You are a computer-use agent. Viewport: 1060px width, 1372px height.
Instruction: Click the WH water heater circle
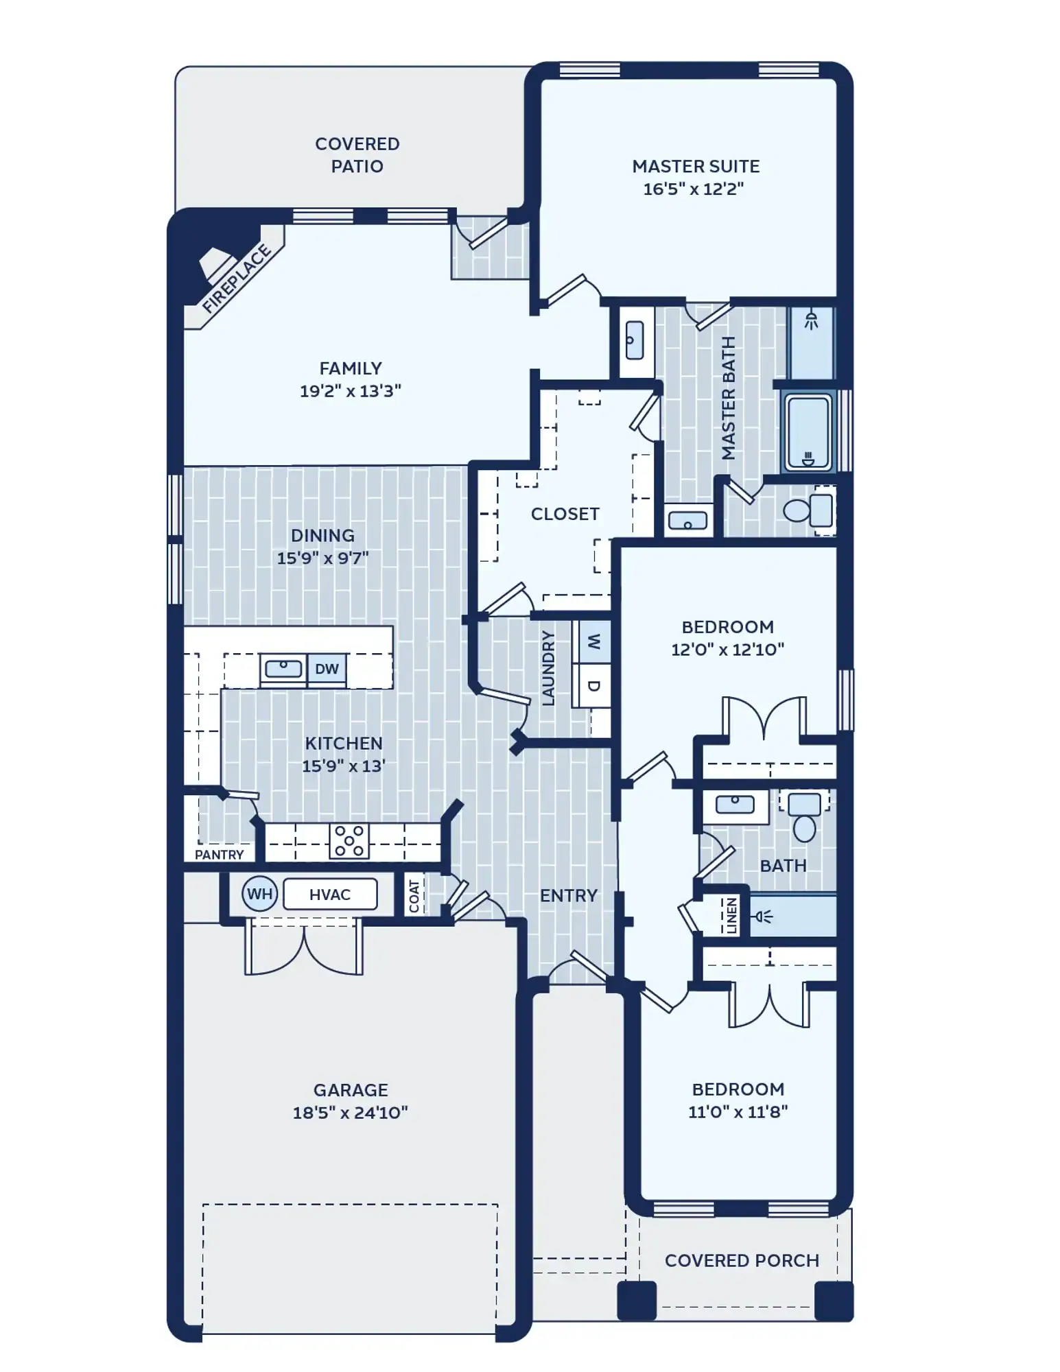coord(259,894)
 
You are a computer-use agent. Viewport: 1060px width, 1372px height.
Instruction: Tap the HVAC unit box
coord(330,895)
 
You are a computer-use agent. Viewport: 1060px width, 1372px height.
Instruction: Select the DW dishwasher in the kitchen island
coord(327,669)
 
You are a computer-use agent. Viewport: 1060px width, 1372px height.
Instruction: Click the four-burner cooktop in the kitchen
coord(349,840)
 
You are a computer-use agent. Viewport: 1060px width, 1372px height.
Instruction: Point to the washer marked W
coord(594,641)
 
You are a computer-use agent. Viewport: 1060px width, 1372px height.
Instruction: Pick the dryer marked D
coord(594,685)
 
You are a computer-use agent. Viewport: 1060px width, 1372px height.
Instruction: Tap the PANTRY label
coord(219,855)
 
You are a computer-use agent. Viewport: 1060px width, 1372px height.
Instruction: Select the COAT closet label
coord(414,896)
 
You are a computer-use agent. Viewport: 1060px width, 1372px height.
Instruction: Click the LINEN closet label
coord(731,916)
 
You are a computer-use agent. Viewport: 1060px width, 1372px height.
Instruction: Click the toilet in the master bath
coord(808,510)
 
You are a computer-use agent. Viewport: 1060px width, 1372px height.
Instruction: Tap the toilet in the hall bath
coord(804,817)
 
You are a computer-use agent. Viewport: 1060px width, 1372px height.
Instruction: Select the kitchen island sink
coord(283,668)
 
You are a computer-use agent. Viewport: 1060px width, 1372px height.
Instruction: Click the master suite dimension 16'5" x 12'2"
coord(694,189)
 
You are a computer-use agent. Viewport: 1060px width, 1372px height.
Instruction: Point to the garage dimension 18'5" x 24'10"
coord(351,1113)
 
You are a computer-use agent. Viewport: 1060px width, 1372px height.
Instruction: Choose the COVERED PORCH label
coord(742,1261)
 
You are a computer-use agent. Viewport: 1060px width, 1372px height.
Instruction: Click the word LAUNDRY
coord(547,668)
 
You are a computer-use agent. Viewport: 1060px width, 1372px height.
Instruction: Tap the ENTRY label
coord(569,895)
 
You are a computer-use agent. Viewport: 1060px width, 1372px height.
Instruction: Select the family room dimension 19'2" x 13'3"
coord(351,391)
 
